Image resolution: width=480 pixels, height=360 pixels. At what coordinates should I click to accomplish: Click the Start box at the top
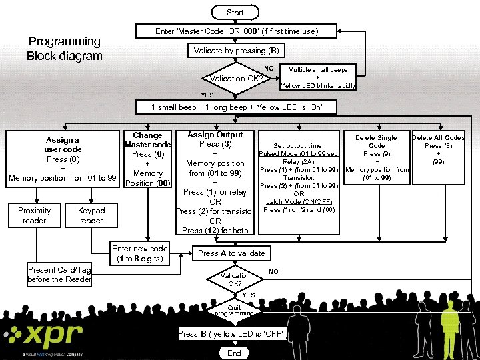pos(235,12)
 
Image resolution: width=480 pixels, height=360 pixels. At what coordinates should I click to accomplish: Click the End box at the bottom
pos(234,353)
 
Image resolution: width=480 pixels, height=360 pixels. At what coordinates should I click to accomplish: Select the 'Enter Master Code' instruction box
pos(237,31)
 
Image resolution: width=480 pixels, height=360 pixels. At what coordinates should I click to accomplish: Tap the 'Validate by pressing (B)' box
pos(236,51)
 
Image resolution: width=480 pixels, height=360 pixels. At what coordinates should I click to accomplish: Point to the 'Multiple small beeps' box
pos(318,77)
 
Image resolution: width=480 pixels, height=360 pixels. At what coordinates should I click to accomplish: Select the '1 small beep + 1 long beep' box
pos(236,107)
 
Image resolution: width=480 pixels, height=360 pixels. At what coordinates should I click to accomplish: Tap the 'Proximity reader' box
pos(34,215)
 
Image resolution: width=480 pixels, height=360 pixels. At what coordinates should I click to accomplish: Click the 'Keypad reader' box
pos(91,215)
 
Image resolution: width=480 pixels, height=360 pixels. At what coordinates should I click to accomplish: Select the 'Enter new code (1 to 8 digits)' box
pos(140,253)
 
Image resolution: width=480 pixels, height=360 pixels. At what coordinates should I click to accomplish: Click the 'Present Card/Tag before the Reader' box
pos(59,275)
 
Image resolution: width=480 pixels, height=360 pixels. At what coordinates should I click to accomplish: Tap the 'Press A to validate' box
pos(231,253)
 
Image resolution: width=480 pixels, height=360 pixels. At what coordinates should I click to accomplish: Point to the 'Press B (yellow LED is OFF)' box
pos(233,334)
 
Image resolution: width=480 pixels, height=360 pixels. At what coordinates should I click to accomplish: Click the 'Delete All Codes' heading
pos(438,138)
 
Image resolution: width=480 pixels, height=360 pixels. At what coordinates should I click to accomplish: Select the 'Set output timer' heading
pos(299,146)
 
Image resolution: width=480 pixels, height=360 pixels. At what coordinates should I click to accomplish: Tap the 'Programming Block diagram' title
pos(65,49)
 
